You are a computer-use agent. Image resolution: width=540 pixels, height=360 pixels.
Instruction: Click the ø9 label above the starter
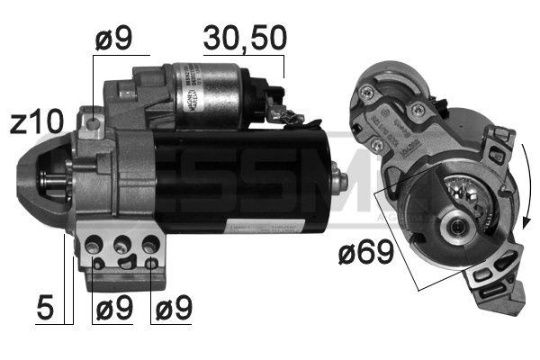click(113, 39)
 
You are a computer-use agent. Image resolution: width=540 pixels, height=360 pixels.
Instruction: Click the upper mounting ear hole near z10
click(91, 119)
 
